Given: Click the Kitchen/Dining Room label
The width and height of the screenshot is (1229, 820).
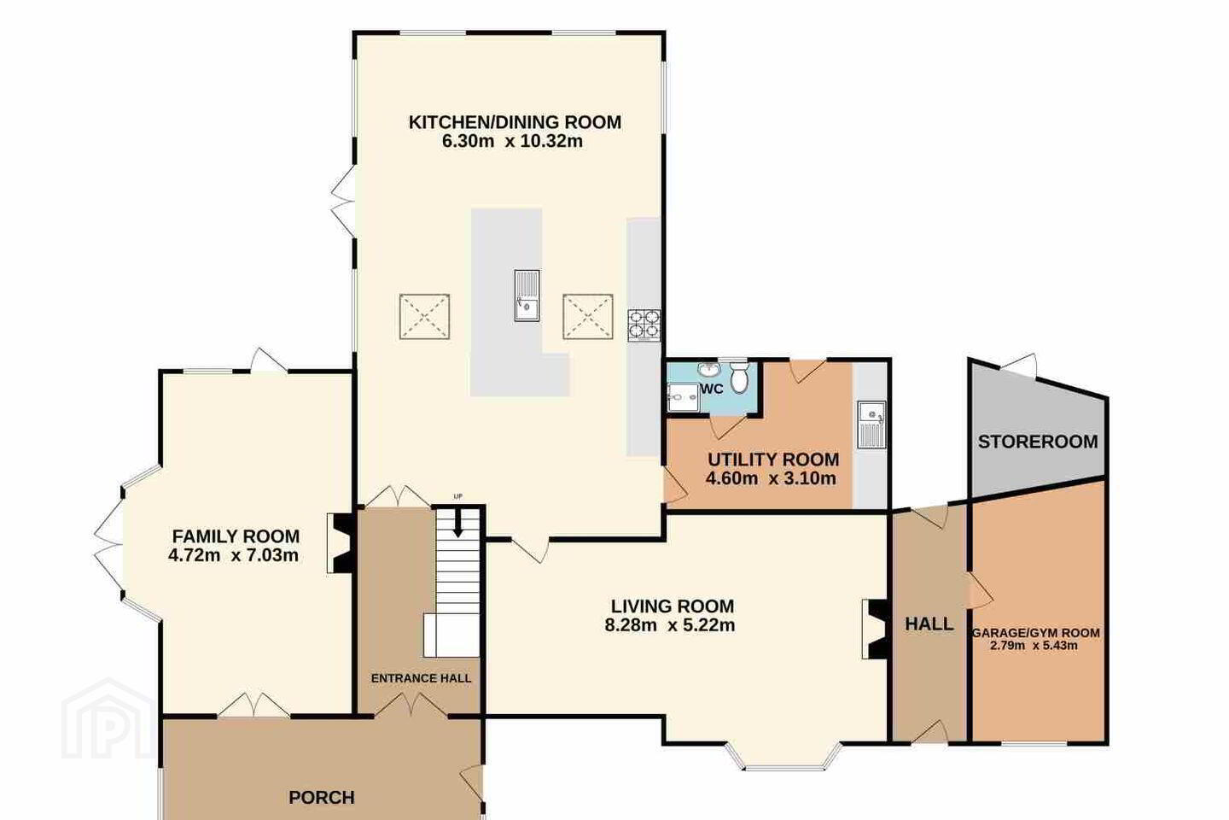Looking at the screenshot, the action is [x=515, y=122].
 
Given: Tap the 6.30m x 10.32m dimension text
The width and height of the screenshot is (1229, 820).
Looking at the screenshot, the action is [x=512, y=141].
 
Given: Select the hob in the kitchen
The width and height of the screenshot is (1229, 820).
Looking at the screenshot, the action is [x=644, y=325].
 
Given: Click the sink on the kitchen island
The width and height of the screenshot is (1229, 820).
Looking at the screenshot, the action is [x=527, y=295].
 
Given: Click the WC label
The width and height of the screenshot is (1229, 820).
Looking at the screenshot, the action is [x=712, y=389].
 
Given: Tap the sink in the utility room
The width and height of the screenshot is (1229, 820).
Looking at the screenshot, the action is [x=871, y=424].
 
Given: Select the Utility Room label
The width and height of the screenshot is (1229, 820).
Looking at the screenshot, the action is [x=773, y=460].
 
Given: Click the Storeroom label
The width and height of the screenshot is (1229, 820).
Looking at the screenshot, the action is [x=1038, y=442].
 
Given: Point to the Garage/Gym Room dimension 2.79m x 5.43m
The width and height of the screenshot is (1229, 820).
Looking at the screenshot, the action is [x=1034, y=646].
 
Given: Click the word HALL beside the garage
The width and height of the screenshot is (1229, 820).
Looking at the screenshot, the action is [x=929, y=624].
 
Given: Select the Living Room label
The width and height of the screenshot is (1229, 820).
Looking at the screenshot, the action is [x=673, y=606].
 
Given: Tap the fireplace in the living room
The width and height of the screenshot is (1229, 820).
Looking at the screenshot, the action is [x=876, y=629].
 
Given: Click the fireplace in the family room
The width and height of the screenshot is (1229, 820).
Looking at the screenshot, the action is [x=341, y=543].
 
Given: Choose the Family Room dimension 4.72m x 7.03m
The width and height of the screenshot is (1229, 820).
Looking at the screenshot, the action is [x=233, y=555].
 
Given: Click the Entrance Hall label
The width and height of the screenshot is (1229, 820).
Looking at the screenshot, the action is [x=421, y=678].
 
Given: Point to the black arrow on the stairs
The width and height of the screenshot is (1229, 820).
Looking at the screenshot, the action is [x=457, y=524].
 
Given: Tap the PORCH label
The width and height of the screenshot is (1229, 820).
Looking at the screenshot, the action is [x=322, y=798].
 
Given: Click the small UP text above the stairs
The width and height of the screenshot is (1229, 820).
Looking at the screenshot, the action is [x=457, y=497].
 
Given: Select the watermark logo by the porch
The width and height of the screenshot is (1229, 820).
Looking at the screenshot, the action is [x=108, y=719].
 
